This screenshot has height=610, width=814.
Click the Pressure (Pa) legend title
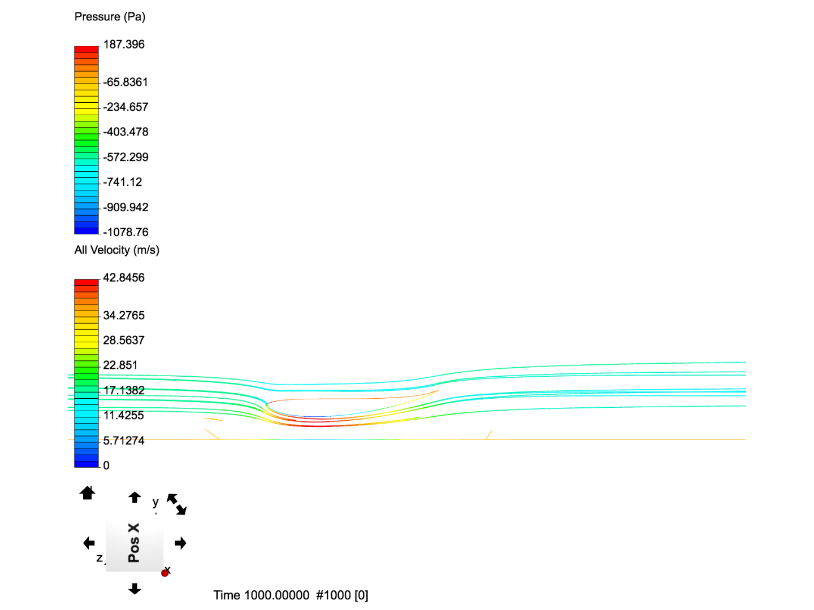(x=110, y=17)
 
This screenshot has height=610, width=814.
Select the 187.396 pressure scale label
(x=124, y=45)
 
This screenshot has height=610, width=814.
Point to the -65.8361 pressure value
(x=125, y=82)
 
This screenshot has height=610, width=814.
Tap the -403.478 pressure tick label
(x=125, y=132)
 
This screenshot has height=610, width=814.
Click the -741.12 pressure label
(x=123, y=182)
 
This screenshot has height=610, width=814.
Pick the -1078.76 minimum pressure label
(x=125, y=232)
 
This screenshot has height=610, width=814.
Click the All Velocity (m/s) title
(x=117, y=250)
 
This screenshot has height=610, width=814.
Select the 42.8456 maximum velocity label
(x=124, y=278)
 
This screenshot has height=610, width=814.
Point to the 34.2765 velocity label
(x=124, y=316)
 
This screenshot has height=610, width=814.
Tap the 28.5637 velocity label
(x=124, y=341)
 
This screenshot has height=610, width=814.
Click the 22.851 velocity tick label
(x=120, y=365)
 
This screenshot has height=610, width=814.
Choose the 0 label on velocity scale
(x=106, y=465)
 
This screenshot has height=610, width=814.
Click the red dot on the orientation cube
(x=165, y=573)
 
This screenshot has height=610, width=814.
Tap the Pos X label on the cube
(x=134, y=543)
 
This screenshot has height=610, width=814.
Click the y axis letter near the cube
(x=155, y=502)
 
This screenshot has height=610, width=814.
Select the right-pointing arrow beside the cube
(x=181, y=543)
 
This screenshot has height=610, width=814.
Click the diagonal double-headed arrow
(x=176, y=504)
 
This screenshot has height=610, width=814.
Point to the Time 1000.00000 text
(x=261, y=595)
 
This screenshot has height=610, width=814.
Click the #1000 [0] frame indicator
(x=342, y=595)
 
